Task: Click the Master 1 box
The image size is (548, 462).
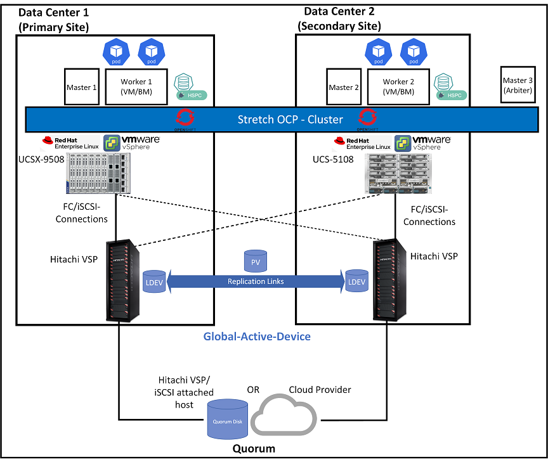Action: [x=82, y=87]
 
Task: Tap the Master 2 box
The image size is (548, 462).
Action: [x=344, y=87]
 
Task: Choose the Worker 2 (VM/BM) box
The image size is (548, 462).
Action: [x=398, y=87]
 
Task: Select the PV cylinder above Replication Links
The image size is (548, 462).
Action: [x=256, y=261]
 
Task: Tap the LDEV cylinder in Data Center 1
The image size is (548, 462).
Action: [x=154, y=281]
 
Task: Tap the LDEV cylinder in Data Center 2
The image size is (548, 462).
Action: [x=356, y=281]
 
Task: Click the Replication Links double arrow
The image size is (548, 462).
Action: [x=255, y=281]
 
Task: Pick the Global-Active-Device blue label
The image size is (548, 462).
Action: [x=257, y=337]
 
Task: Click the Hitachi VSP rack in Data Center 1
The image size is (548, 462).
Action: [x=119, y=279]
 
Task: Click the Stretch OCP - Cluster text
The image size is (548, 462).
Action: [x=290, y=119]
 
